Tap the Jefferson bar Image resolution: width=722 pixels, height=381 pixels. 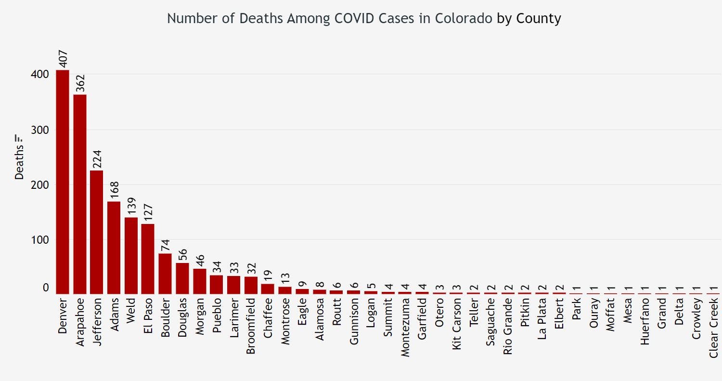pyautogui.click(x=97, y=232)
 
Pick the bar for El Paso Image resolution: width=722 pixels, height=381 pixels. pyautogui.click(x=148, y=259)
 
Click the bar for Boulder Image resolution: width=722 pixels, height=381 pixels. pyautogui.click(x=165, y=274)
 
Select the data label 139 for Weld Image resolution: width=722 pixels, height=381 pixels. pyautogui.click(x=131, y=206)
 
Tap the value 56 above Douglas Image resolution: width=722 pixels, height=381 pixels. pyautogui.click(x=182, y=253)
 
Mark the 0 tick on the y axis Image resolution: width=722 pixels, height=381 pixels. pyautogui.click(x=46, y=288)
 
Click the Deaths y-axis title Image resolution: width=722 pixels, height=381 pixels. pyautogui.click(x=19, y=164)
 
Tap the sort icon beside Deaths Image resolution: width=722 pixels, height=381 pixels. pyautogui.click(x=19, y=138)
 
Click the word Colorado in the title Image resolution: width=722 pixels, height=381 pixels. pyautogui.click(x=464, y=18)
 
